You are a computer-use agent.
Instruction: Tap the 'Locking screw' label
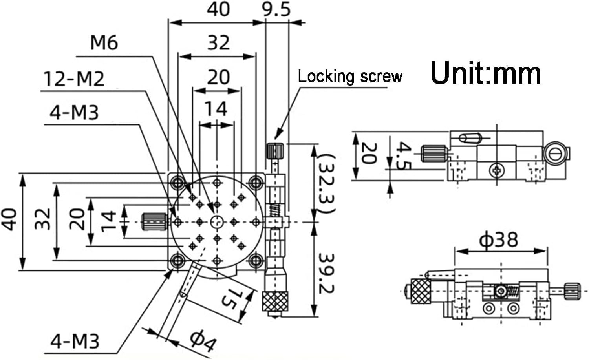(350, 77)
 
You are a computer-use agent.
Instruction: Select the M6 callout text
(104, 43)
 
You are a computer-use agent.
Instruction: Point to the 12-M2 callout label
(74, 79)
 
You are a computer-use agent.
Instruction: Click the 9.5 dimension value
(276, 10)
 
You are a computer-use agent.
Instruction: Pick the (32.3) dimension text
(326, 184)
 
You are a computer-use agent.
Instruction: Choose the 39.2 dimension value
(326, 274)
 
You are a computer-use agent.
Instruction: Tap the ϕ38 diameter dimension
(499, 239)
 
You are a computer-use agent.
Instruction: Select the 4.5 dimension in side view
(403, 155)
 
